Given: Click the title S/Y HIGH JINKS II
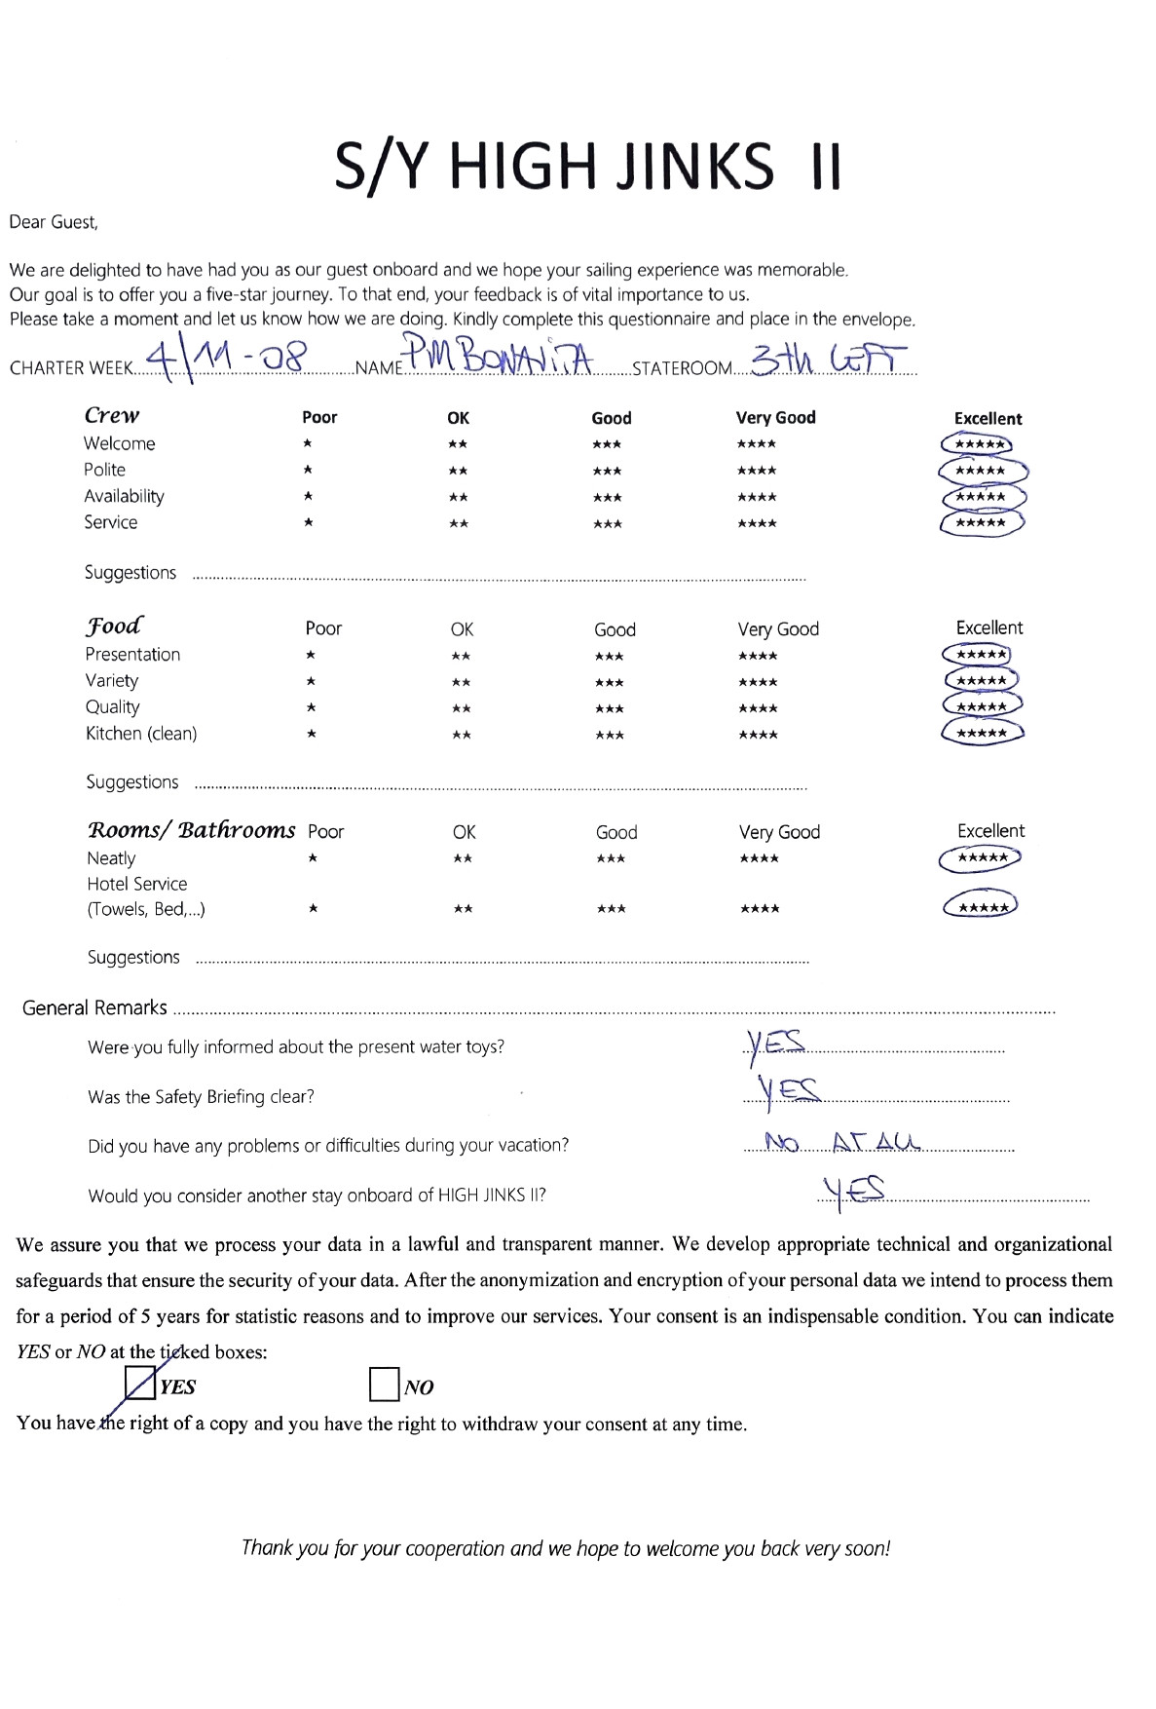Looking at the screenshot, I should [x=587, y=167].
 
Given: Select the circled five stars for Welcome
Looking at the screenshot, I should [x=978, y=444].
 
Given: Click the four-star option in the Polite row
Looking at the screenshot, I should [x=757, y=471].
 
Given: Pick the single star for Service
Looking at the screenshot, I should [x=308, y=522].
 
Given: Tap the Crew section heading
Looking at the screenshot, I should [x=112, y=415].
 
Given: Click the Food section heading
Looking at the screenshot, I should [x=114, y=626].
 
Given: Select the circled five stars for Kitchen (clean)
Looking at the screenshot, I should [x=982, y=733].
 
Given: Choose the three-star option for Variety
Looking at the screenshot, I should [x=609, y=682].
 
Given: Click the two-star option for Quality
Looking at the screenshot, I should [x=462, y=708].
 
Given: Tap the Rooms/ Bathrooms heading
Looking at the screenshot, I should [x=191, y=830].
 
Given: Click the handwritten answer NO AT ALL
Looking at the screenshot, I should [x=842, y=1142].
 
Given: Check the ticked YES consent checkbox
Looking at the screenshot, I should [x=141, y=1384].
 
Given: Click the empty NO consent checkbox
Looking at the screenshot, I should [x=384, y=1384].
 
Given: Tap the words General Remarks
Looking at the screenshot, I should [x=94, y=1007].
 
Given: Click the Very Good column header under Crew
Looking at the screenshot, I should [x=775, y=417].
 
